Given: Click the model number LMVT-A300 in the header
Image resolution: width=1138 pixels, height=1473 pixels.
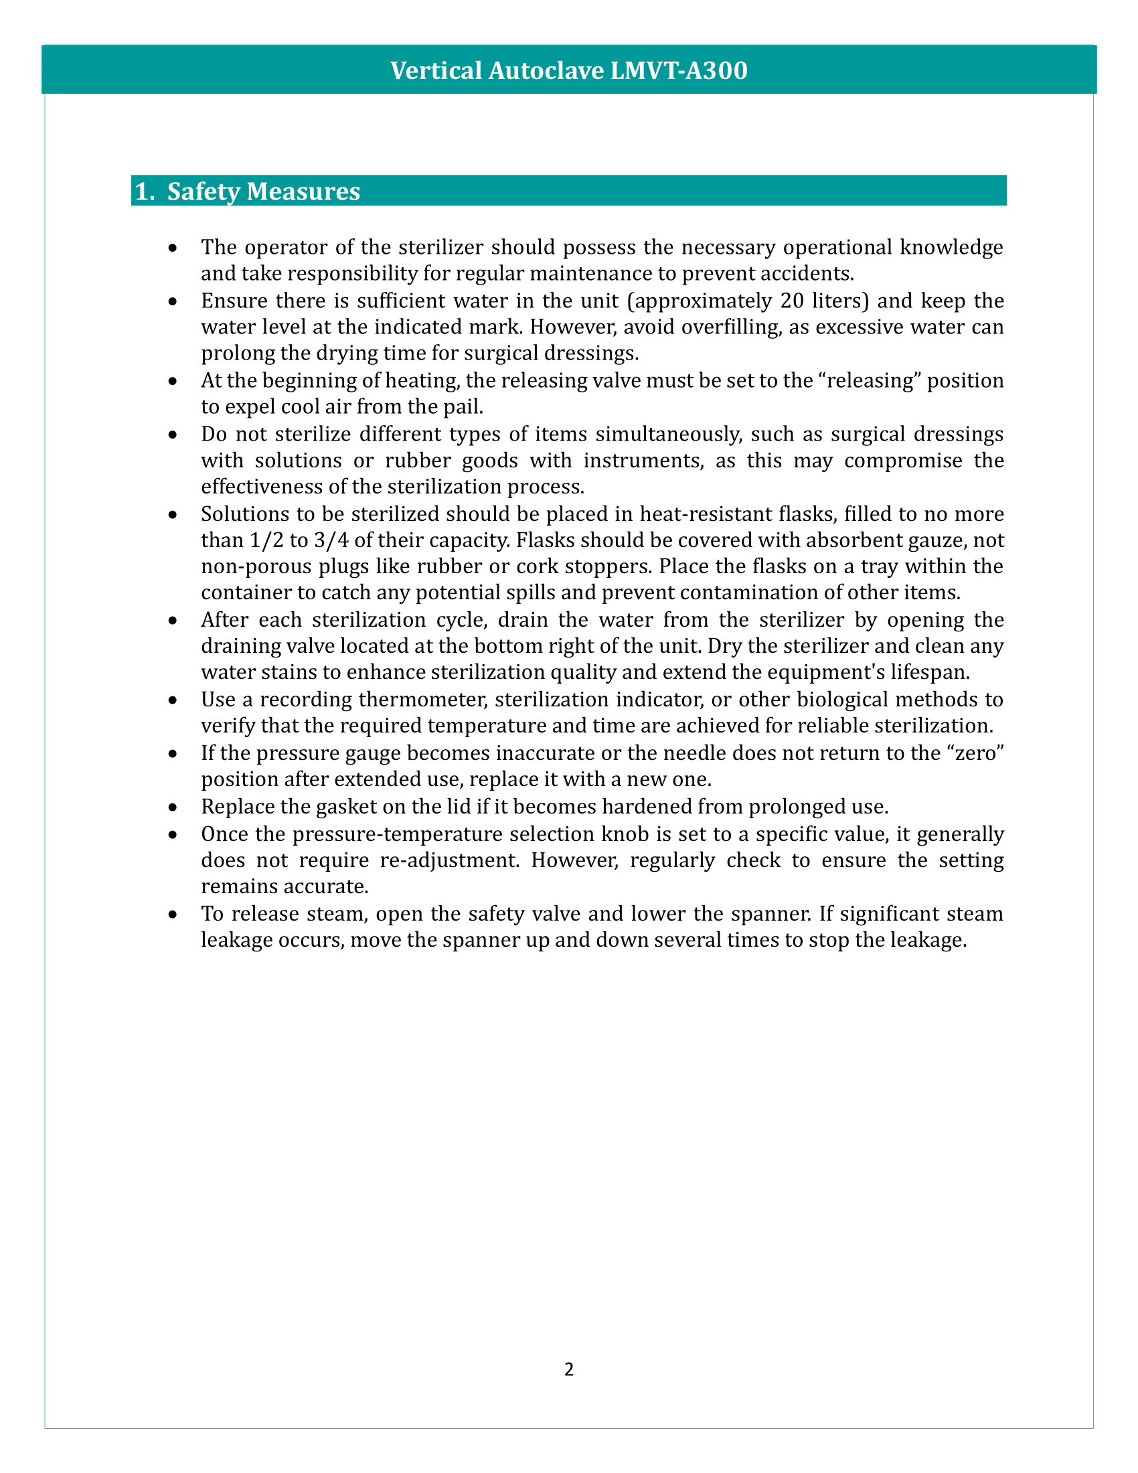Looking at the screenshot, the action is [x=679, y=71].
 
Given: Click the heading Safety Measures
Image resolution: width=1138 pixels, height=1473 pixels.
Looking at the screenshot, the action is [x=264, y=191].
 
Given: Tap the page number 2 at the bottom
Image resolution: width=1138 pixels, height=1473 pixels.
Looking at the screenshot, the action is [x=569, y=1369].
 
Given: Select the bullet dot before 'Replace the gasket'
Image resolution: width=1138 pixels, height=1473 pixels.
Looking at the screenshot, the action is [x=173, y=808].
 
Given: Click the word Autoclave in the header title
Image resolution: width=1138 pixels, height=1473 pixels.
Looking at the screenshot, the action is [x=546, y=71].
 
